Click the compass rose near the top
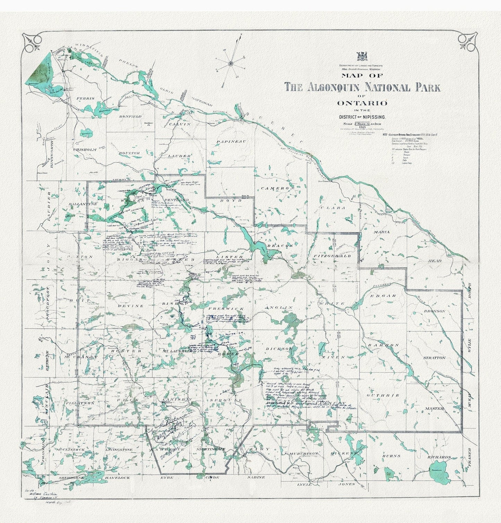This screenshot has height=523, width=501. [231, 63]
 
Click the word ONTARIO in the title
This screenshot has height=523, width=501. [362, 103]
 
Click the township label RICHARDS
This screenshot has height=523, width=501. [439, 457]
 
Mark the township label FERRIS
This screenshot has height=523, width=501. [85, 98]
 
